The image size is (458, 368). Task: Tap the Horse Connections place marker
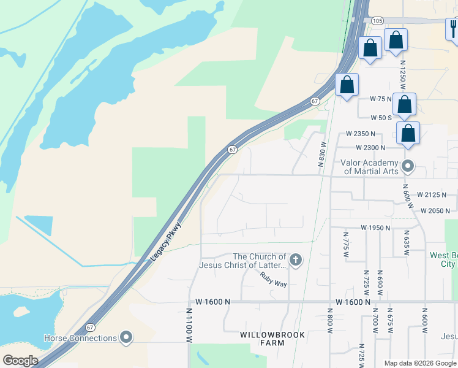pyautogui.click(x=126, y=338)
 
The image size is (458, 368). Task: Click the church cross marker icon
pyautogui.click(x=295, y=260)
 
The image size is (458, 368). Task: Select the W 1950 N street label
pyautogui.click(x=375, y=228)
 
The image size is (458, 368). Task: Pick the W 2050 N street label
pyautogui.click(x=435, y=210)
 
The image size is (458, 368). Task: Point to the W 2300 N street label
pyautogui.click(x=370, y=148)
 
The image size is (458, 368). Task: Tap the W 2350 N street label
pyautogui.click(x=361, y=133)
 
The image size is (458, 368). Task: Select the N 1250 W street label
pyautogui.click(x=402, y=74)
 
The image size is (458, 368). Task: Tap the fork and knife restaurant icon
pyautogui.click(x=453, y=28)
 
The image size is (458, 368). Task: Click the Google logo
pyautogui.click(x=20, y=360)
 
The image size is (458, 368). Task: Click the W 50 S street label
pyautogui.click(x=381, y=117)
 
